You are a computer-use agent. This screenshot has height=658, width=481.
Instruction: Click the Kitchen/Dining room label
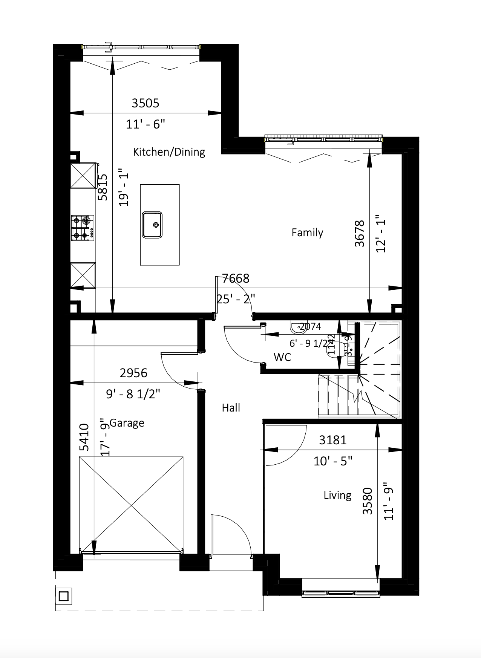[x=169, y=152]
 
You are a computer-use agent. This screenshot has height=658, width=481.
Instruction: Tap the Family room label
[x=307, y=232]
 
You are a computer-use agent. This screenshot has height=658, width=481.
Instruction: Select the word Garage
[x=127, y=423]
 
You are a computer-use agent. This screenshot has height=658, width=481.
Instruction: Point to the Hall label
[x=231, y=407]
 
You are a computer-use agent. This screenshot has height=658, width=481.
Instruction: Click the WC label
[x=282, y=357]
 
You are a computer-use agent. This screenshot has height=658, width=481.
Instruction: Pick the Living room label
[x=337, y=495]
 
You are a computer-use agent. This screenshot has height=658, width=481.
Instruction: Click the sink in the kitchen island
[x=152, y=225]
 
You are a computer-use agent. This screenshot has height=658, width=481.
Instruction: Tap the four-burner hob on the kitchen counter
[x=83, y=228]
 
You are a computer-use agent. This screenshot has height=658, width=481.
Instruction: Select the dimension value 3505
[x=145, y=103]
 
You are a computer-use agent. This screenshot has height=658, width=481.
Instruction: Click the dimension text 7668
[x=236, y=279]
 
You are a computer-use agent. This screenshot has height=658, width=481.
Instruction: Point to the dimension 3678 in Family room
[x=360, y=234]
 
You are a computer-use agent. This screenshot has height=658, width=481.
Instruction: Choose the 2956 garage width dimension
[x=133, y=373]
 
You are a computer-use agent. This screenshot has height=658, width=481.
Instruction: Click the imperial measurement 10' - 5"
[x=332, y=461]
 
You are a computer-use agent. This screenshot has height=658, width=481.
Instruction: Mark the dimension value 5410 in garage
[x=84, y=437]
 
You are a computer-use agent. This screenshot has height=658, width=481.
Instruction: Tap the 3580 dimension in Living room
[x=367, y=501]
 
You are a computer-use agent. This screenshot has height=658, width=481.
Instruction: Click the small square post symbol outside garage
[x=64, y=596]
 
